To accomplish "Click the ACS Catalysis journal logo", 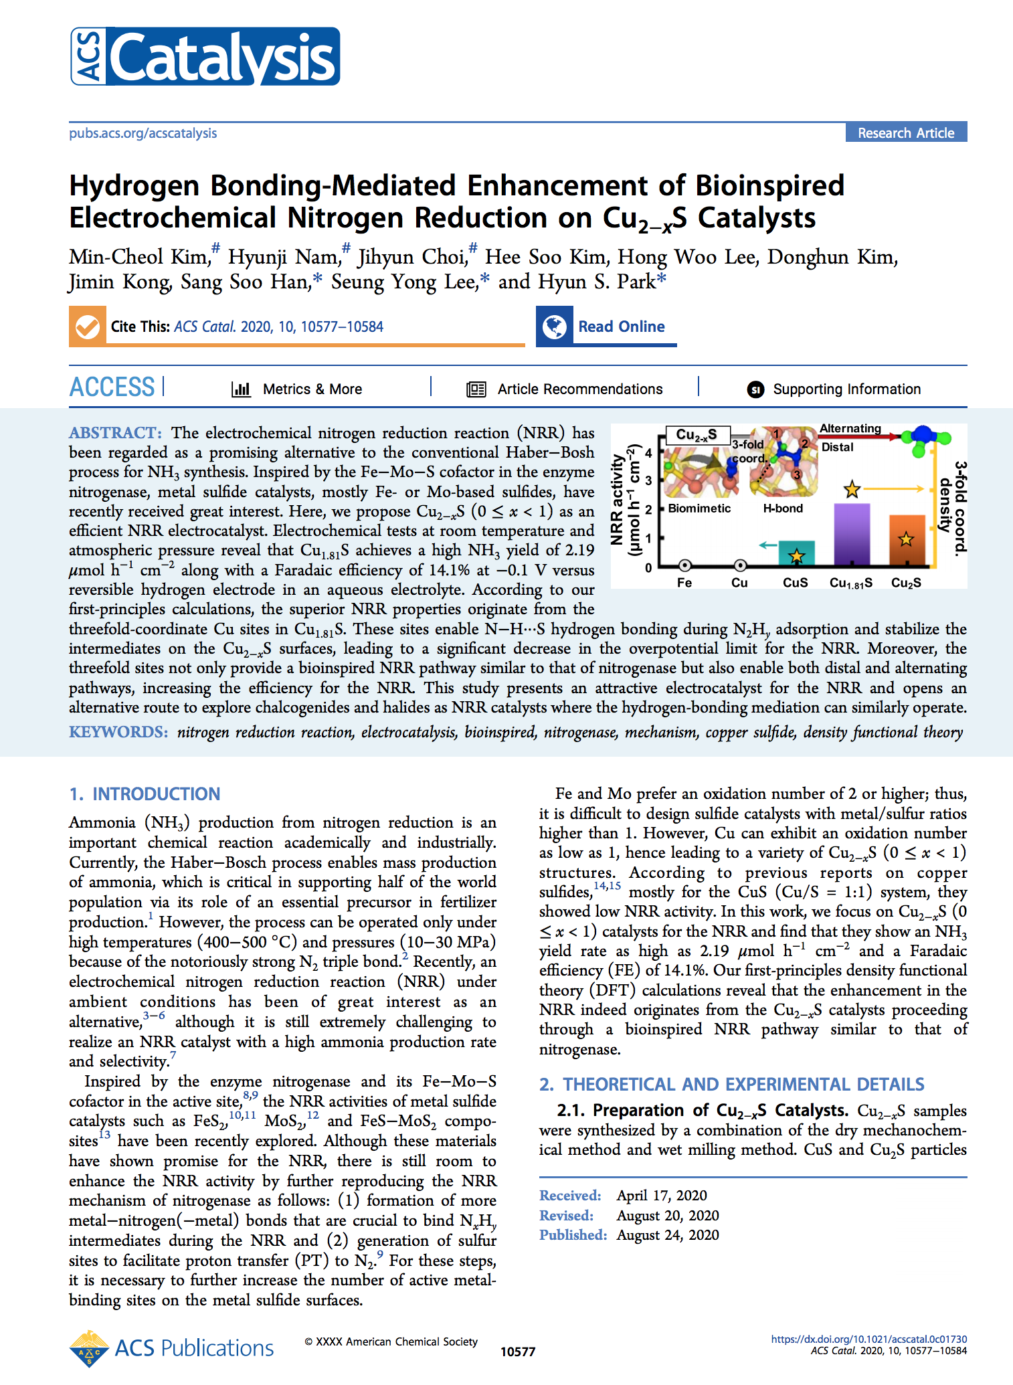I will coord(205,56).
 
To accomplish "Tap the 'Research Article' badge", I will coord(905,132).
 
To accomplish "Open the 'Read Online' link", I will coord(621,327).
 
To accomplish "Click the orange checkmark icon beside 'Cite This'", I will coord(88,327).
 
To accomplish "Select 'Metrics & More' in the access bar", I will coord(312,389).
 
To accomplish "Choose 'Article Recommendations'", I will coord(579,389).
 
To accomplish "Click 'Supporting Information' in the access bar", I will coord(846,389).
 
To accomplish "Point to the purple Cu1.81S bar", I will coord(851,535).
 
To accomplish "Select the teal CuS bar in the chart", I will coord(796,553).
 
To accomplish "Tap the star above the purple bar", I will coord(852,490).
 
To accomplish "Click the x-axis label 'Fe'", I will coord(684,583).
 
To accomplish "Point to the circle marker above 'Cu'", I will coord(739,565).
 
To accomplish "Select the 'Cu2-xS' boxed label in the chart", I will coord(697,435).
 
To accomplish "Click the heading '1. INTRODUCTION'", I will coord(145,794).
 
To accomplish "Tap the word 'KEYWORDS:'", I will coord(118,732).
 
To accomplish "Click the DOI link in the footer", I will coord(868,1340).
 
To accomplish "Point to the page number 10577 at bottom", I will coord(518,1352).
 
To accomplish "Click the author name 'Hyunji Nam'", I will coord(284,257).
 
